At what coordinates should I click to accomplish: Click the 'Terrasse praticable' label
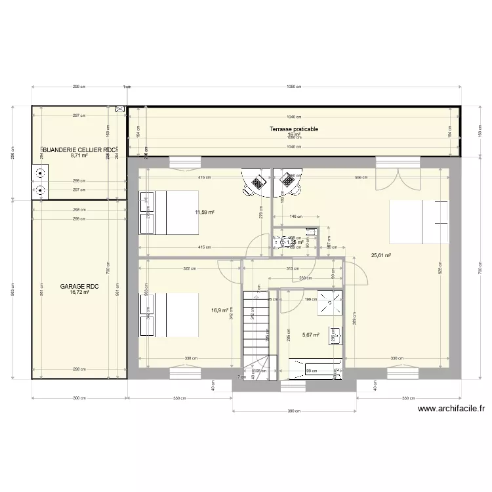(x=293, y=129)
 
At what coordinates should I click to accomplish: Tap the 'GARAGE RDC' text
(x=79, y=287)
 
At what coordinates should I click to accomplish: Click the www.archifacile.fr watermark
(x=451, y=408)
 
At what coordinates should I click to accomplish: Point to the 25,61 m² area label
(x=381, y=255)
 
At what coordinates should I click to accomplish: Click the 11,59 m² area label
(x=205, y=212)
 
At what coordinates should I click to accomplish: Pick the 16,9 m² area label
(x=219, y=310)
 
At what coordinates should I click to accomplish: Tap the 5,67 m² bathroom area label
(x=310, y=335)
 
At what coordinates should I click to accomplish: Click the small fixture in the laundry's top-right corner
(x=120, y=110)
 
